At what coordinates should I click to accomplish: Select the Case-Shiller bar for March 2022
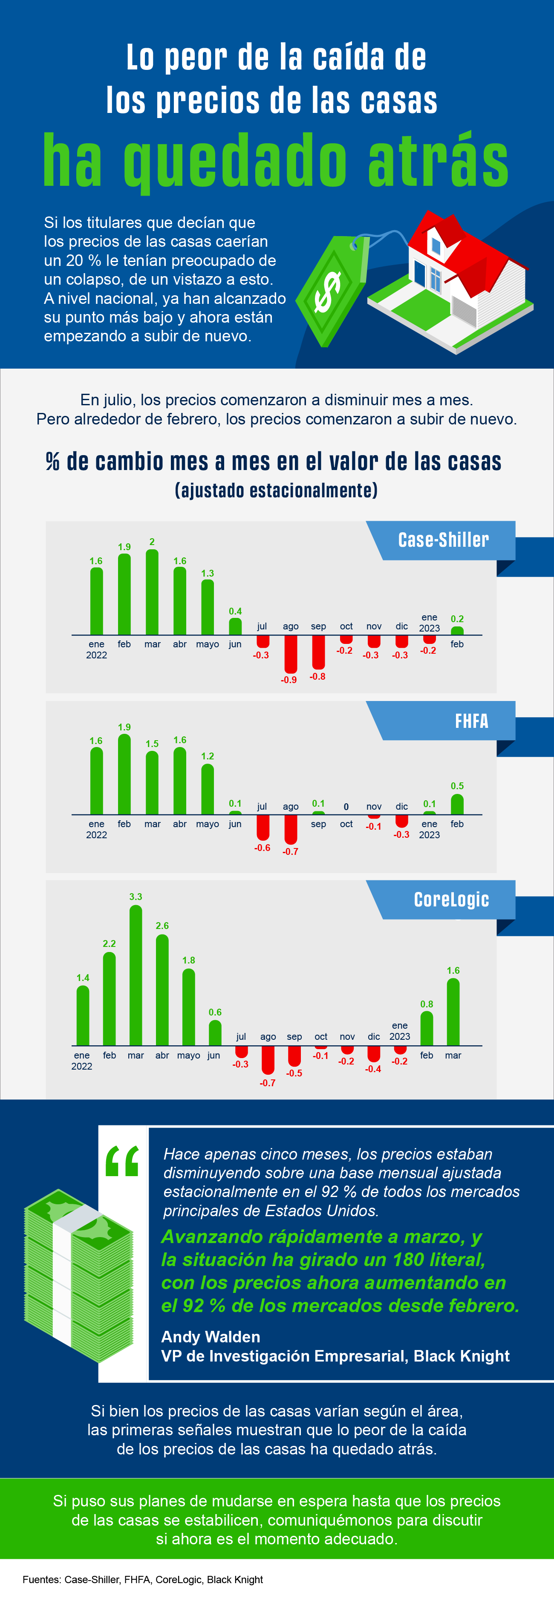tap(152, 591)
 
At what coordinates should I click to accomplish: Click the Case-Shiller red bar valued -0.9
tap(290, 654)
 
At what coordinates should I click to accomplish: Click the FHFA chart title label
tap(471, 721)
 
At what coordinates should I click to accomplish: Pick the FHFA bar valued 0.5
tap(457, 805)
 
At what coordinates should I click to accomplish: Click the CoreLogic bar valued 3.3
tap(136, 975)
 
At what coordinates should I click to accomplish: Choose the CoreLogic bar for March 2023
tap(453, 1012)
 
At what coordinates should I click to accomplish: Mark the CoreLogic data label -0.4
tap(373, 1068)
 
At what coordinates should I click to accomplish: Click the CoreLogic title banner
tap(451, 900)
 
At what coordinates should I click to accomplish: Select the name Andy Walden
tap(211, 1337)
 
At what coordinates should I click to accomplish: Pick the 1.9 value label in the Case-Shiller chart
tap(124, 547)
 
